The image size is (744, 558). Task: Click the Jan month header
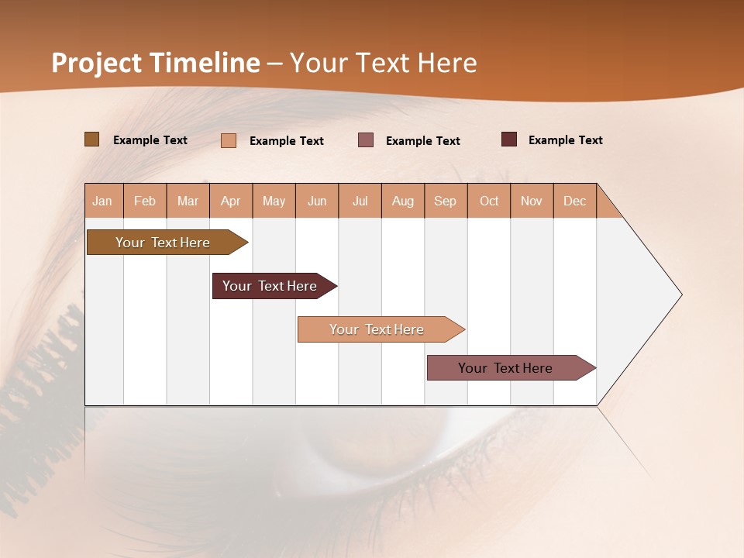click(x=103, y=201)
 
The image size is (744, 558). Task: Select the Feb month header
click(x=145, y=201)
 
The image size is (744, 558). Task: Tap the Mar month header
click(x=188, y=201)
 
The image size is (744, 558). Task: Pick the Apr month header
click(x=231, y=201)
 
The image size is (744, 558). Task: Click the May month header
click(x=274, y=201)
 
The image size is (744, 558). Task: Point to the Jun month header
click(x=317, y=201)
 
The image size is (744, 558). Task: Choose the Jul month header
click(x=360, y=201)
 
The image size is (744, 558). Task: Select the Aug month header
click(x=403, y=201)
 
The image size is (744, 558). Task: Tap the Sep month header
click(x=446, y=201)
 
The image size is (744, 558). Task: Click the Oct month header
click(x=489, y=201)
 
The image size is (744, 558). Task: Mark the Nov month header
click(x=532, y=201)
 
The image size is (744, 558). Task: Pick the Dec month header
click(x=575, y=201)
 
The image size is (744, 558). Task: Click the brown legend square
click(x=92, y=139)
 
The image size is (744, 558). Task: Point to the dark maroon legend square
click(x=509, y=139)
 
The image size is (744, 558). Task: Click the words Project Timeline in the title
click(x=156, y=63)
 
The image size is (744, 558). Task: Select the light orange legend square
click(x=229, y=140)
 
